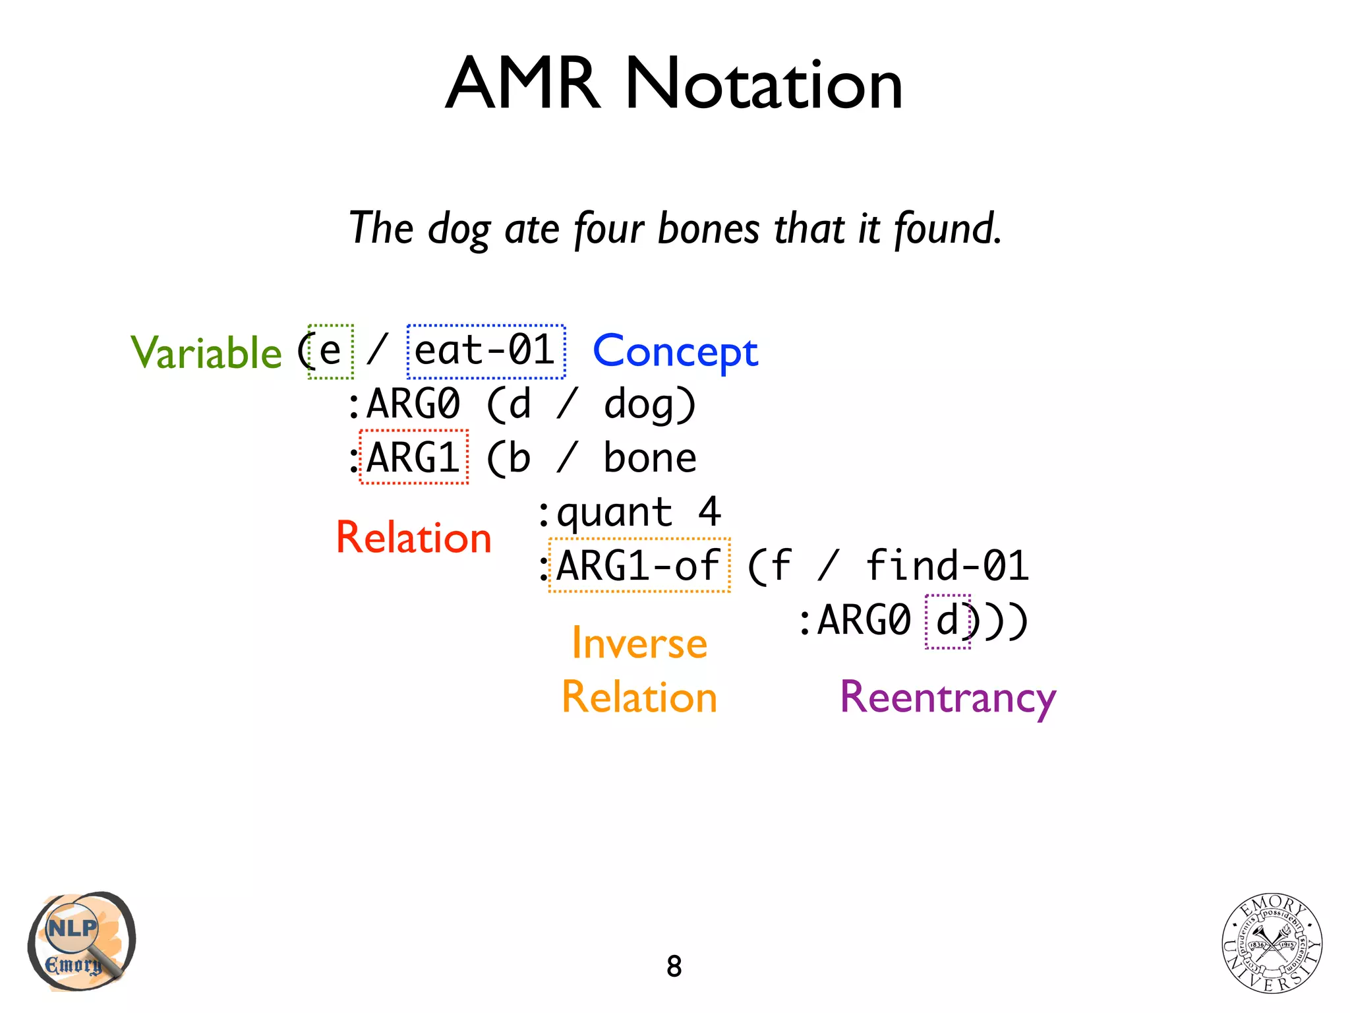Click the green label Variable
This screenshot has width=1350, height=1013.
206,353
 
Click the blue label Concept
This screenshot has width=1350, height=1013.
676,352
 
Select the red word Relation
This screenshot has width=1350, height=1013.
414,537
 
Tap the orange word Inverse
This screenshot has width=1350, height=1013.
639,643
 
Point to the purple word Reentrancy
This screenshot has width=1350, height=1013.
948,698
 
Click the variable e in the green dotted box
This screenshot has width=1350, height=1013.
330,352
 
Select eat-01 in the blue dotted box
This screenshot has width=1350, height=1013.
486,351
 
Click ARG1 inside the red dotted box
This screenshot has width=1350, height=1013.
414,457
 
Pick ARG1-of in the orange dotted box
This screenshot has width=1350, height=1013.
639,566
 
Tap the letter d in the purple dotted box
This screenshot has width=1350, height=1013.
947,621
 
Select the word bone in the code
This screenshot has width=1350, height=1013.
650,458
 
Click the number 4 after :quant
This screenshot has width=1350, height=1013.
709,512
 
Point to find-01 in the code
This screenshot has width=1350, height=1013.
947,566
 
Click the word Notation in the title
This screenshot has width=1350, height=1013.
763,84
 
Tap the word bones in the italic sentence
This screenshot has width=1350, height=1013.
709,228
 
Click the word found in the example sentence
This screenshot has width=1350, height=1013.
948,228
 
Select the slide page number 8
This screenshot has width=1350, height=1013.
674,967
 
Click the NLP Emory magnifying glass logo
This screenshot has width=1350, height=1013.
81,941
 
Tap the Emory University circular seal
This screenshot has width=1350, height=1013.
1272,944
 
